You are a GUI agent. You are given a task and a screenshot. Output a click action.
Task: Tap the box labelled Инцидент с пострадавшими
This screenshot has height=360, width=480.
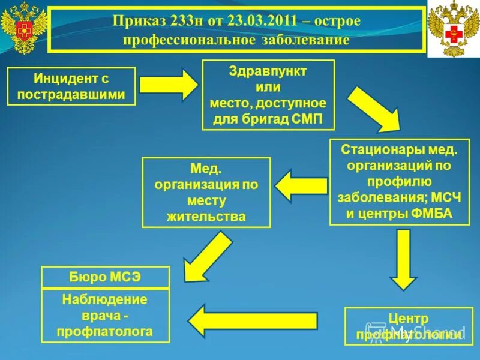click(71, 86)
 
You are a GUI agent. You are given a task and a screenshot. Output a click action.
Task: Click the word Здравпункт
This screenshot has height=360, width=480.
click(268, 71)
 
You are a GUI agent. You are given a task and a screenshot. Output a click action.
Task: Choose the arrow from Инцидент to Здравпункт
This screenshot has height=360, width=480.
click(170, 85)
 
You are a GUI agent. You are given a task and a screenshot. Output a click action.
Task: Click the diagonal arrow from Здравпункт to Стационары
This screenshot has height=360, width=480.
click(373, 110)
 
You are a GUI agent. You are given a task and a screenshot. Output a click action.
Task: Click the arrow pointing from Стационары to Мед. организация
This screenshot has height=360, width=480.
click(301, 186)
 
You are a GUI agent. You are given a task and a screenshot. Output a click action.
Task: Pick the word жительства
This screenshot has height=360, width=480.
click(206, 217)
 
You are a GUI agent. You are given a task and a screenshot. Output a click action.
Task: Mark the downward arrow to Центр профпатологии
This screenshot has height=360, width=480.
click(403, 259)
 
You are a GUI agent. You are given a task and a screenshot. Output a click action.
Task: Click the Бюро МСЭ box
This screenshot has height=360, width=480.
click(105, 277)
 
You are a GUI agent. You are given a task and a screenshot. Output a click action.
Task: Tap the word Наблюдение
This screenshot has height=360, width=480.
click(105, 299)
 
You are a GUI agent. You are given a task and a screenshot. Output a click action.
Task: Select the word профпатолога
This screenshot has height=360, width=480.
click(105, 331)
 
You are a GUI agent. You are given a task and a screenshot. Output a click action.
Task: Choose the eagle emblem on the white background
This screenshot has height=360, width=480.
click(453, 28)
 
